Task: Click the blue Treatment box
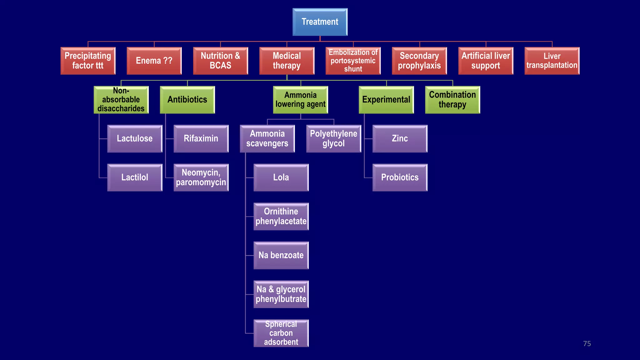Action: tap(320, 22)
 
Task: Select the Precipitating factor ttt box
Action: tap(88, 61)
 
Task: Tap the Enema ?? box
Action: tap(154, 61)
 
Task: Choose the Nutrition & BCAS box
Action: tap(220, 61)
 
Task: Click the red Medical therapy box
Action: tap(287, 61)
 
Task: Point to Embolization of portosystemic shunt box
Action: tap(353, 61)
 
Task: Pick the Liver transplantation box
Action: tap(552, 61)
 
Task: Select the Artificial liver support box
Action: tap(486, 61)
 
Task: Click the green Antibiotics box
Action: tap(187, 100)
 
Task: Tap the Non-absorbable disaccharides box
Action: tap(121, 100)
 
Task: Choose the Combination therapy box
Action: tap(452, 100)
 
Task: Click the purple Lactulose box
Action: tap(135, 138)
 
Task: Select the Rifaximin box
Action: tap(201, 138)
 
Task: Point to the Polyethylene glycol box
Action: tap(333, 138)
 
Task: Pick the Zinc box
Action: tap(400, 138)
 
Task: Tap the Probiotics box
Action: tap(400, 177)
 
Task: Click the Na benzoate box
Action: tap(281, 255)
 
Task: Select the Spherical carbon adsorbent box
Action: tap(281, 333)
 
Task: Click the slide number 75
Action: tap(587, 344)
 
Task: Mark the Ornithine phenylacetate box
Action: tap(281, 216)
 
